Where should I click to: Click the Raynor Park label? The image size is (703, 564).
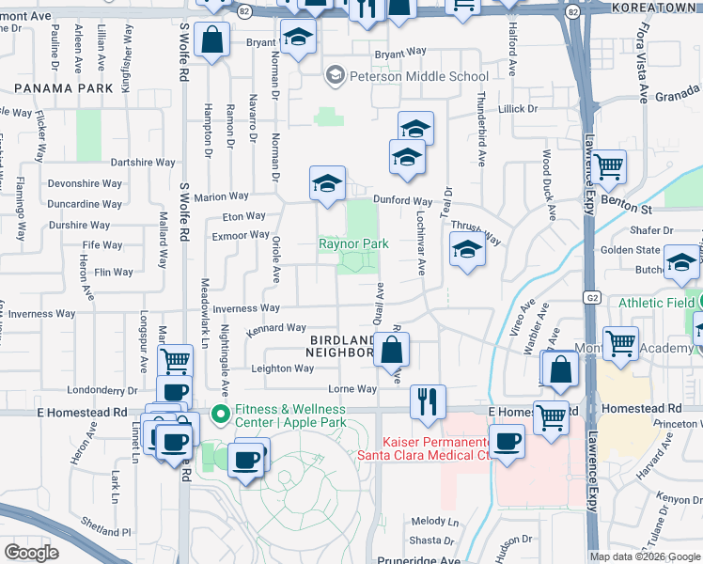pos(353,243)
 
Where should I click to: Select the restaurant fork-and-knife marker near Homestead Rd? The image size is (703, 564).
pos(429,401)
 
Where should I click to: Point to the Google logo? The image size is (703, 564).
pos(31,553)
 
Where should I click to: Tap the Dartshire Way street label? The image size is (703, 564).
pos(143,162)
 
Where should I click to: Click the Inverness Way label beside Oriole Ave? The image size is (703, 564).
pos(246,308)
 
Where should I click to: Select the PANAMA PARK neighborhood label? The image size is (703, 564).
pos(57,87)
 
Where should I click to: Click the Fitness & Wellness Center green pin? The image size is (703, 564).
pos(220,414)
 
